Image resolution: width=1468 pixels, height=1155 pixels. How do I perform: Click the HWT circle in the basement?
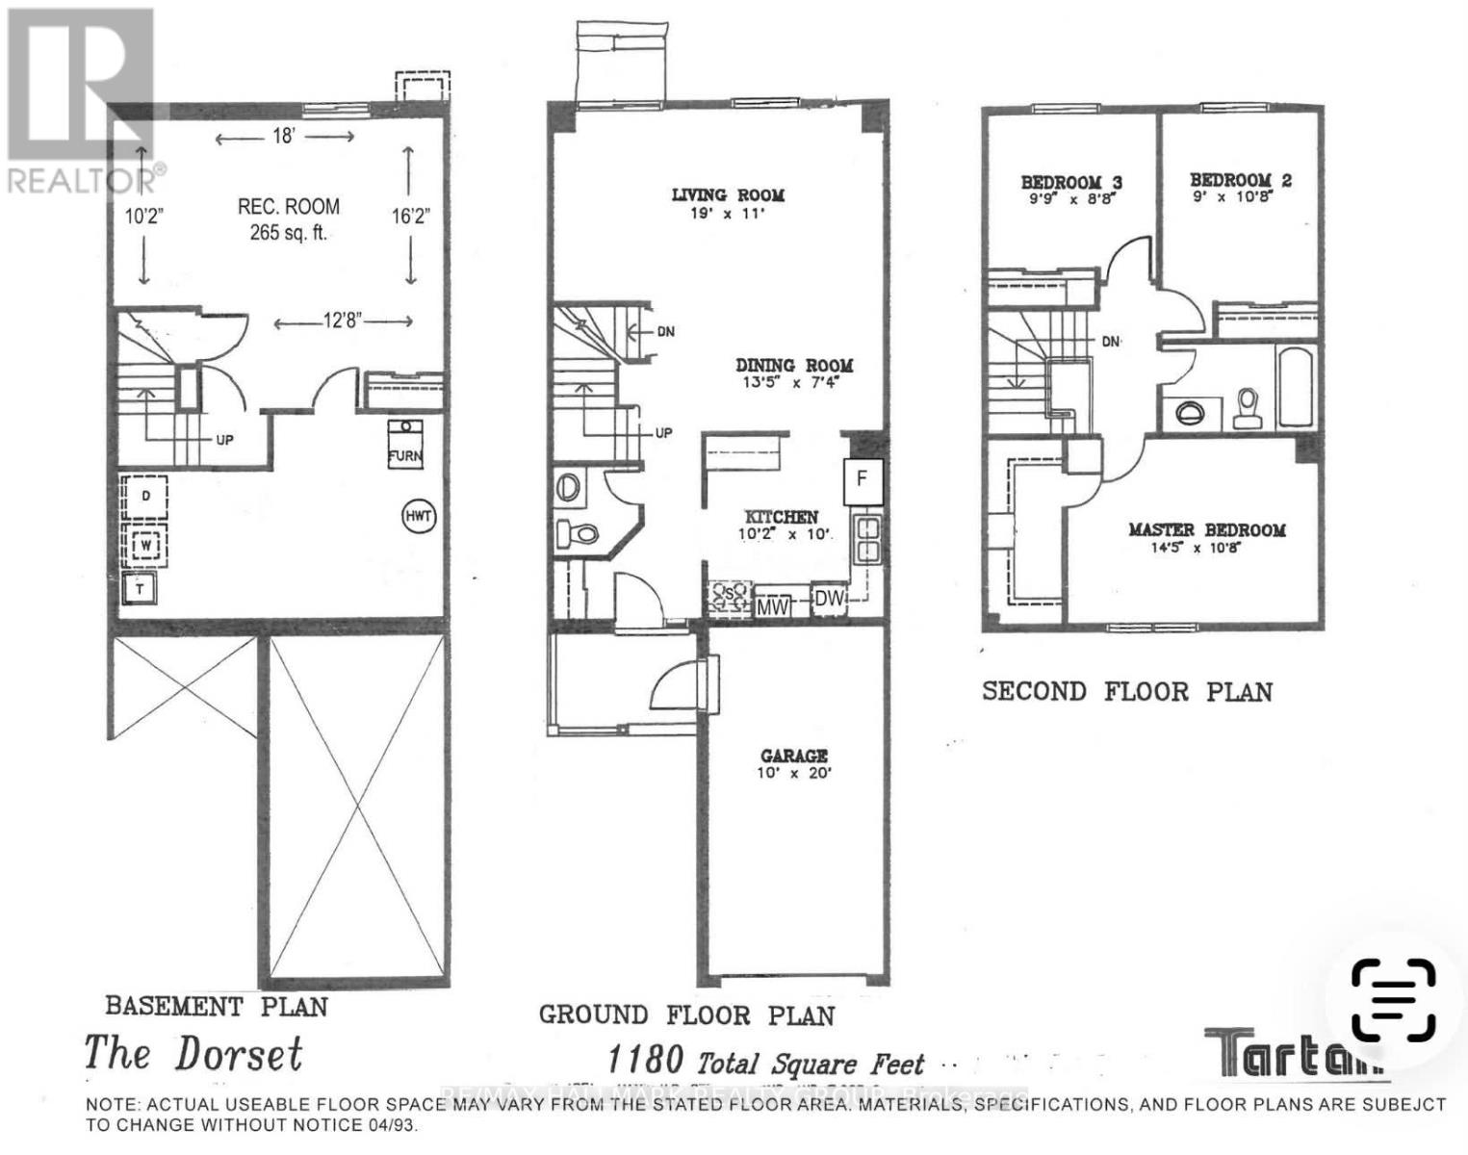(x=419, y=517)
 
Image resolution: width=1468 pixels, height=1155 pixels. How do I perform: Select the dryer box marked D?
(x=144, y=497)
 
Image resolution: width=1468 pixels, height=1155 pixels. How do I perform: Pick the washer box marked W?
(x=145, y=546)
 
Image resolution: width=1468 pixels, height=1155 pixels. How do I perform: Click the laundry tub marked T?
(x=141, y=588)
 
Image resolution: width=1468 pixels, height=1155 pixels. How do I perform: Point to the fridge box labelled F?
(x=863, y=478)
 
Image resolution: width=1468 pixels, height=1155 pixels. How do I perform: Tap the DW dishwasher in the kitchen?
(x=829, y=599)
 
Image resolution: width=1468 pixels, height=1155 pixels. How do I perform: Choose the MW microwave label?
(x=773, y=606)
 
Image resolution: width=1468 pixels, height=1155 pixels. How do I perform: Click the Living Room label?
(x=728, y=195)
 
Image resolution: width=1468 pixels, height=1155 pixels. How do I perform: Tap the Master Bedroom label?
(x=1206, y=530)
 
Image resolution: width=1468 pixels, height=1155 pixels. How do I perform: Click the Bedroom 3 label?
(x=1071, y=183)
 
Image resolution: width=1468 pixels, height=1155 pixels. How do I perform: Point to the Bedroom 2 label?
(x=1240, y=180)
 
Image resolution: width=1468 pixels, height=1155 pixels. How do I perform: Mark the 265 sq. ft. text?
(x=289, y=232)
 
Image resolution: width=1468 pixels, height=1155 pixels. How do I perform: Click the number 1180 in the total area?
(x=645, y=1060)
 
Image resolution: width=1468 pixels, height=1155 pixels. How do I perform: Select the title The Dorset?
(x=193, y=1054)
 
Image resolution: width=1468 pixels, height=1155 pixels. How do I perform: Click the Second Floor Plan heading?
(x=1127, y=691)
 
